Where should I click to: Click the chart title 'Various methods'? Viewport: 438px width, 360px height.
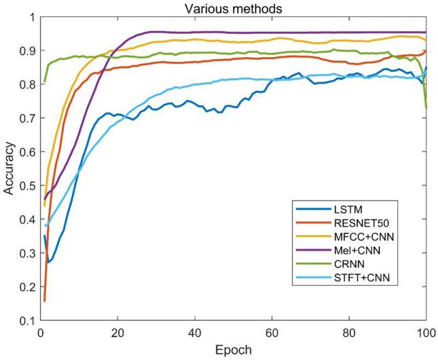coord(233,7)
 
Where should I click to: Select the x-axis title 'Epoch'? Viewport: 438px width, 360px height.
coord(233,350)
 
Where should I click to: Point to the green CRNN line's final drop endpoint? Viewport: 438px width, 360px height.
coord(426,107)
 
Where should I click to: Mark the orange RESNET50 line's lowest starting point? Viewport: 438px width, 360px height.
coord(45,300)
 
